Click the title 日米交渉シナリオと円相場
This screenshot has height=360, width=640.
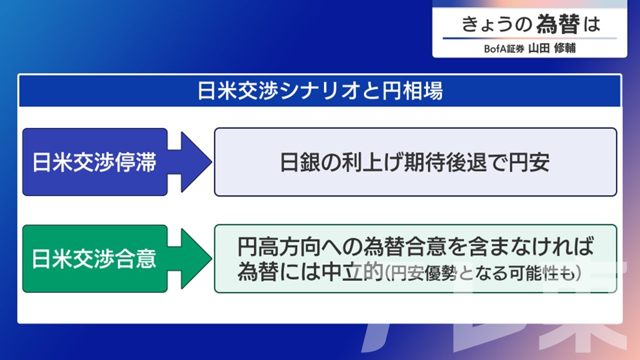320,91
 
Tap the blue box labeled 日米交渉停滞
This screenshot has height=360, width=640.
95,162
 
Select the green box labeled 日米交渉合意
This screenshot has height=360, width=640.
95,258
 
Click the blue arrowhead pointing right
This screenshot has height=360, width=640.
196,162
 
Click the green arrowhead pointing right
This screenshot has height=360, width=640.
196,258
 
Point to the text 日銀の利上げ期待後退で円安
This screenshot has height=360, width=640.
415,162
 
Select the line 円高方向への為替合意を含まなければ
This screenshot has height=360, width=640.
415,246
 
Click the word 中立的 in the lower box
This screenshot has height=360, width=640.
352,271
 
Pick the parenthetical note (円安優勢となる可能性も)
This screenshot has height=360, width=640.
483,273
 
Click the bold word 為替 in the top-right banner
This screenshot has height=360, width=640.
558,24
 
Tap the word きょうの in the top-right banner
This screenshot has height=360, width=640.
497,24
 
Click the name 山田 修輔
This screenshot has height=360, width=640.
552,48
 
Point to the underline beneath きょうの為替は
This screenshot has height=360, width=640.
529,38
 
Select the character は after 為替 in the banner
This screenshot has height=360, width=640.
592,24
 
